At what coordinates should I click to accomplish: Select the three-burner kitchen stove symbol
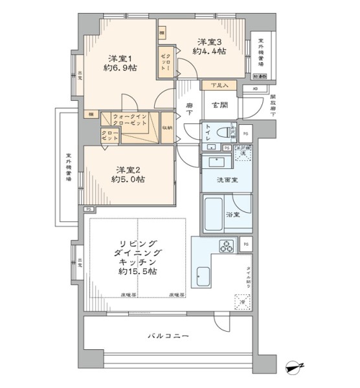(x=229, y=246)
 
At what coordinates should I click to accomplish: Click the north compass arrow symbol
(x=297, y=368)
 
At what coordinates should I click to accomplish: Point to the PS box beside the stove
(x=246, y=244)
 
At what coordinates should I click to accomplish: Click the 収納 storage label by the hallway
(x=168, y=127)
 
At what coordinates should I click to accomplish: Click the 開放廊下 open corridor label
(x=273, y=107)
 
